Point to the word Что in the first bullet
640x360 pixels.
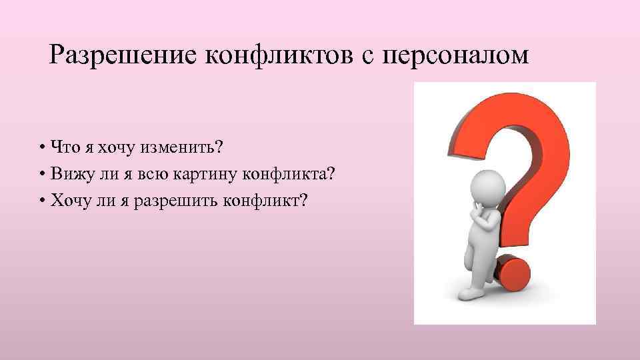62,147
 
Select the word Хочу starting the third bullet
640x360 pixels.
68,201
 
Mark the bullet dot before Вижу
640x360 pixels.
42,175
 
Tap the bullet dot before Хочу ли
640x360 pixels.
42,201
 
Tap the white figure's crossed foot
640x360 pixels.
474,293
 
